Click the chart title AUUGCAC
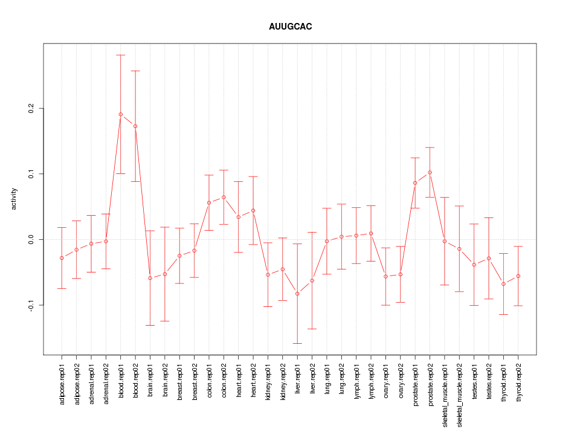[x=290, y=27]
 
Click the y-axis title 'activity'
[x=14, y=199]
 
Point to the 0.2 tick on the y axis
[x=31, y=108]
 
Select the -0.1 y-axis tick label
[x=31, y=305]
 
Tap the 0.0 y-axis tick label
[x=31, y=240]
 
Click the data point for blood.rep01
[x=120, y=114]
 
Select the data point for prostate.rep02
[x=430, y=172]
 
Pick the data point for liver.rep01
[x=297, y=294]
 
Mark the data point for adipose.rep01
[x=62, y=258]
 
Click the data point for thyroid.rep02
[x=518, y=276]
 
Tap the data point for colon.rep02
[x=224, y=197]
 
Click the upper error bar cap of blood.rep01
[x=120, y=55]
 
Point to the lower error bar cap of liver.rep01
[x=297, y=343]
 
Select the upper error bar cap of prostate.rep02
[x=430, y=147]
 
